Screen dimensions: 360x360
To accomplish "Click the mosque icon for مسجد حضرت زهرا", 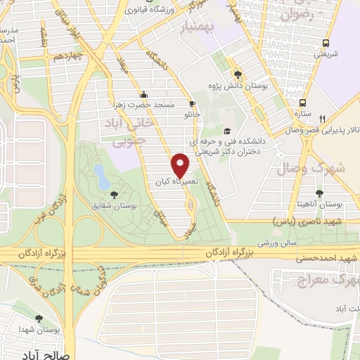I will pos(144,94).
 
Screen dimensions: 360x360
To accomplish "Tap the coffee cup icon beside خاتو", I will pos(192,104).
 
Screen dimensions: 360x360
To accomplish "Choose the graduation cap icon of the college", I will pos(226,131).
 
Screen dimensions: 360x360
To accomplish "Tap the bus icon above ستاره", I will pos(303,101).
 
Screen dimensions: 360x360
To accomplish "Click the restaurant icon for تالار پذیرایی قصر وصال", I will pos(323,119).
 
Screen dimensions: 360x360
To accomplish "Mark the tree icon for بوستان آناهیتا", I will pos(319,193).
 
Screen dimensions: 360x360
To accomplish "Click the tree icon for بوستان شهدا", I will pos(49,319).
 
